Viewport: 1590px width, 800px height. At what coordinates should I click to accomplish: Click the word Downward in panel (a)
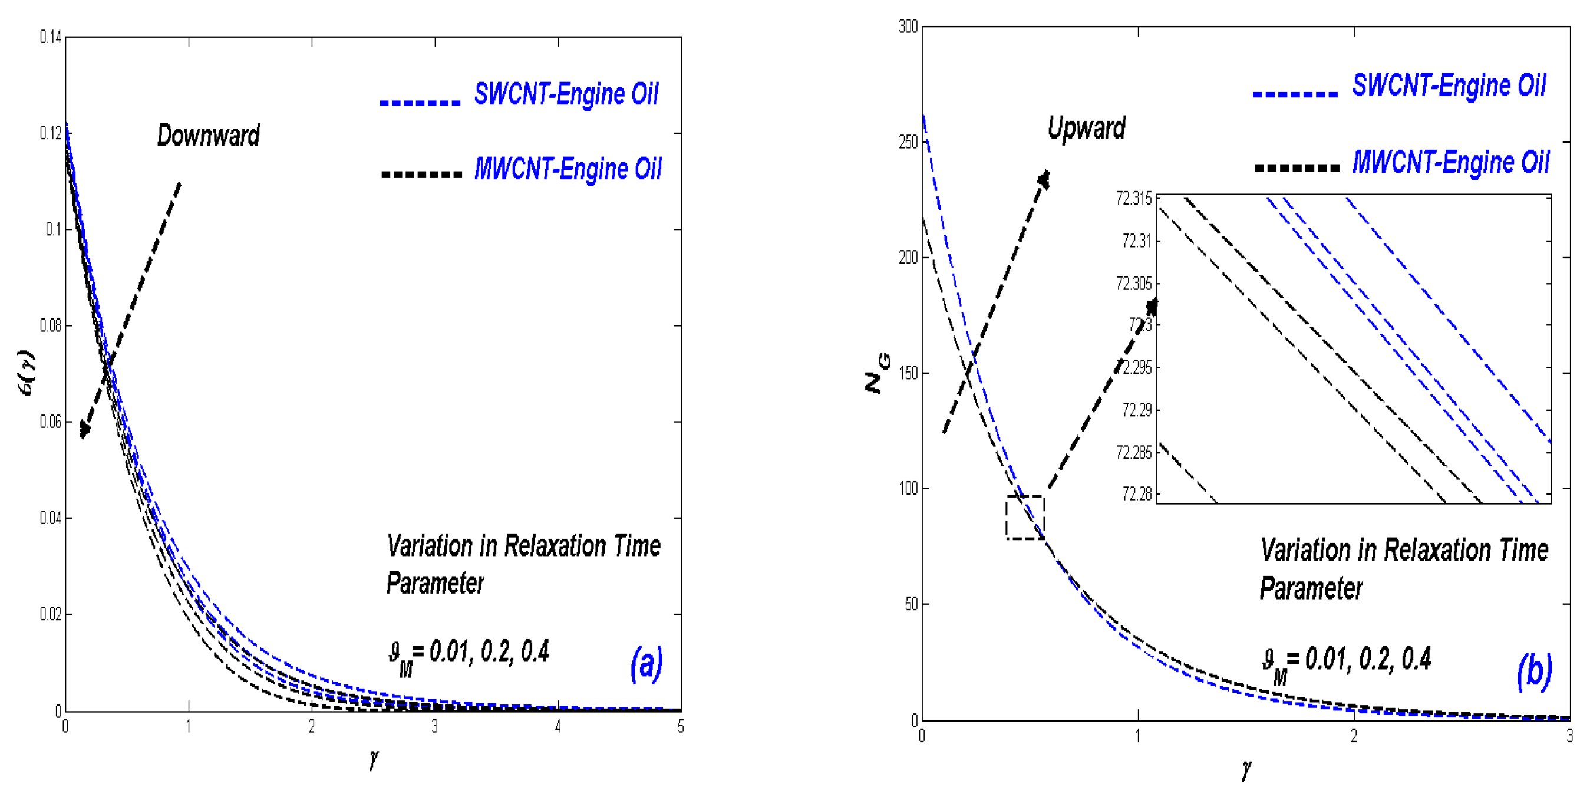[208, 136]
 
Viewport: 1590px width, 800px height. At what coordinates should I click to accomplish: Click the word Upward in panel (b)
[1086, 129]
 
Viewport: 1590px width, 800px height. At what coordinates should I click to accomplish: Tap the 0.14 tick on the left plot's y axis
[51, 38]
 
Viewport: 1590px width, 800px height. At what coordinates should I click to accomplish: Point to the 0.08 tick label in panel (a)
[51, 326]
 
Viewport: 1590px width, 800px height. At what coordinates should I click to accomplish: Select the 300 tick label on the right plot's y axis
[908, 27]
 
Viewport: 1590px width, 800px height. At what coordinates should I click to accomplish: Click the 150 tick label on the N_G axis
[908, 373]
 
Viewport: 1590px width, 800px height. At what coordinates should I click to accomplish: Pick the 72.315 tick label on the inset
[1133, 199]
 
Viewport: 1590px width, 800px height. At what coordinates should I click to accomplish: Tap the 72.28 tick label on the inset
[1136, 494]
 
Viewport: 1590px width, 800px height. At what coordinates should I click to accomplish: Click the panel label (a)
[646, 664]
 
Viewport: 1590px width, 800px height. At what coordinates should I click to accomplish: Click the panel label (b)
[1534, 671]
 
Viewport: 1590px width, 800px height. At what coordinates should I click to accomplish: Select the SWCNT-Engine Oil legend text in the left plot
[565, 94]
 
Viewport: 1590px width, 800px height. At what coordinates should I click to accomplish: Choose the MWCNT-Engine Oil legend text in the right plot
[1450, 163]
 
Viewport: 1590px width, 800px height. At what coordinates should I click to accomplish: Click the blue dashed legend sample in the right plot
[1295, 94]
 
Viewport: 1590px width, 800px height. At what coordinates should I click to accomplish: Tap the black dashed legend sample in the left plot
[421, 174]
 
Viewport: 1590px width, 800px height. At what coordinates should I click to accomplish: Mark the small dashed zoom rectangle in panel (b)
[1025, 517]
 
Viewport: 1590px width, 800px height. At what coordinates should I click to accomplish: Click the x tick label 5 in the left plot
[680, 726]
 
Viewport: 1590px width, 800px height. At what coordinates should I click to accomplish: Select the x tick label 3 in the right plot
[1568, 736]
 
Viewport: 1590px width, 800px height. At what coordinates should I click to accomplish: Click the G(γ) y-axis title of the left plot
[27, 373]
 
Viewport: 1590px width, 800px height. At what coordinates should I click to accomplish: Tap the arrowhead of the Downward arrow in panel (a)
[84, 430]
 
